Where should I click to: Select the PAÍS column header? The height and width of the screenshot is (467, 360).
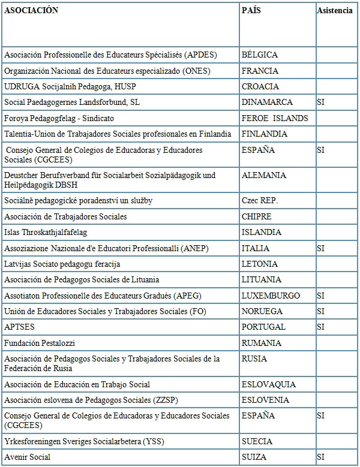[251, 11]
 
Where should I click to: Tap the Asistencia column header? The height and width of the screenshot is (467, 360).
[335, 11]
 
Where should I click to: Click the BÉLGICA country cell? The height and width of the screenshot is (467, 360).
[260, 55]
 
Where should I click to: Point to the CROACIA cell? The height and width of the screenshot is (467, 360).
[260, 86]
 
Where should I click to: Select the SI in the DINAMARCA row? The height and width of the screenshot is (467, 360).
[320, 103]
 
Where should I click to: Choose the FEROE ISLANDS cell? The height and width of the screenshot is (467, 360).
[275, 118]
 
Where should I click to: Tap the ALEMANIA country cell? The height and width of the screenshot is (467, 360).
[264, 175]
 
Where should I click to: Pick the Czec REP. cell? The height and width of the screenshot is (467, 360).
[260, 200]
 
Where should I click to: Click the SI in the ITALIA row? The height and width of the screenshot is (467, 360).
[320, 248]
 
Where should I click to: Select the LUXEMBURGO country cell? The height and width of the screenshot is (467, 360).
[271, 296]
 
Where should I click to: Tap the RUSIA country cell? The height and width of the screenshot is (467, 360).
[254, 358]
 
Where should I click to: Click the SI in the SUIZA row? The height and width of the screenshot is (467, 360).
[320, 457]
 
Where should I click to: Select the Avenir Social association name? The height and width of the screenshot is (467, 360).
[28, 457]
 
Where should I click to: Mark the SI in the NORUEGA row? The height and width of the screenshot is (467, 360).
[320, 311]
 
